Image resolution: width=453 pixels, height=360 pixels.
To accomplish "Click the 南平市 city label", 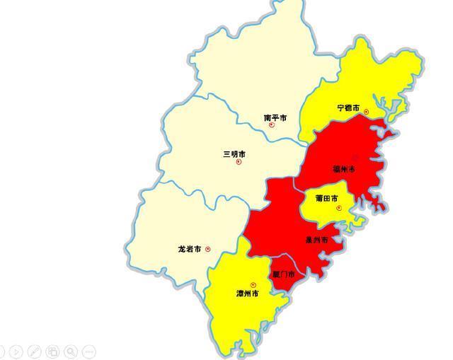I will [275, 117].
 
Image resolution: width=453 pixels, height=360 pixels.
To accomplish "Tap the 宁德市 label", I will [348, 108].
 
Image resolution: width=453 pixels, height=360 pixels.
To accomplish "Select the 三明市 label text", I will [234, 153].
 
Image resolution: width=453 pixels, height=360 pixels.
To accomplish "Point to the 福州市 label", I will [344, 169].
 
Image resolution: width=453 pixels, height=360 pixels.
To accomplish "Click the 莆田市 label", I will [326, 198].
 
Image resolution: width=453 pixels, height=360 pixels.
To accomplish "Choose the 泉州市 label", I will [316, 240].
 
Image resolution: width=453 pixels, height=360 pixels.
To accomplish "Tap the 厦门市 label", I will [284, 273].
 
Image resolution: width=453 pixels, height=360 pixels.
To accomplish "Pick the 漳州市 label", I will [247, 293].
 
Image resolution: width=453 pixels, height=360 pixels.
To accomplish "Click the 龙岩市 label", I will [190, 249].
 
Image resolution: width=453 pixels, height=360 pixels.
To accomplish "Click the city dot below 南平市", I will [272, 125].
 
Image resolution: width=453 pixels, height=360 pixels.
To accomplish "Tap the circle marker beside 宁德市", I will [367, 112].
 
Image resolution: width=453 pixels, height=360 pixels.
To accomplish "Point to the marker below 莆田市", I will [339, 208].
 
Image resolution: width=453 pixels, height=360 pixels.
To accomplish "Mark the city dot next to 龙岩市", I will [208, 249].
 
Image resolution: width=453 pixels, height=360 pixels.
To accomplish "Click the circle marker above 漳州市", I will [253, 285].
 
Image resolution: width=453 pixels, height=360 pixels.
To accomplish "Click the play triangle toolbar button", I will [16, 351].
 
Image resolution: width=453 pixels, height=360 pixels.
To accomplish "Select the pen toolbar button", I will [34, 351].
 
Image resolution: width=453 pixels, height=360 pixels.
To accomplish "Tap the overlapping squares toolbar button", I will [52, 351].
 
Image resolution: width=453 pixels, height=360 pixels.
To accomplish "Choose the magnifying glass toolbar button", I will [71, 351].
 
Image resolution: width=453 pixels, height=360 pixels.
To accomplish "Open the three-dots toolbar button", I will [89, 351].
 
